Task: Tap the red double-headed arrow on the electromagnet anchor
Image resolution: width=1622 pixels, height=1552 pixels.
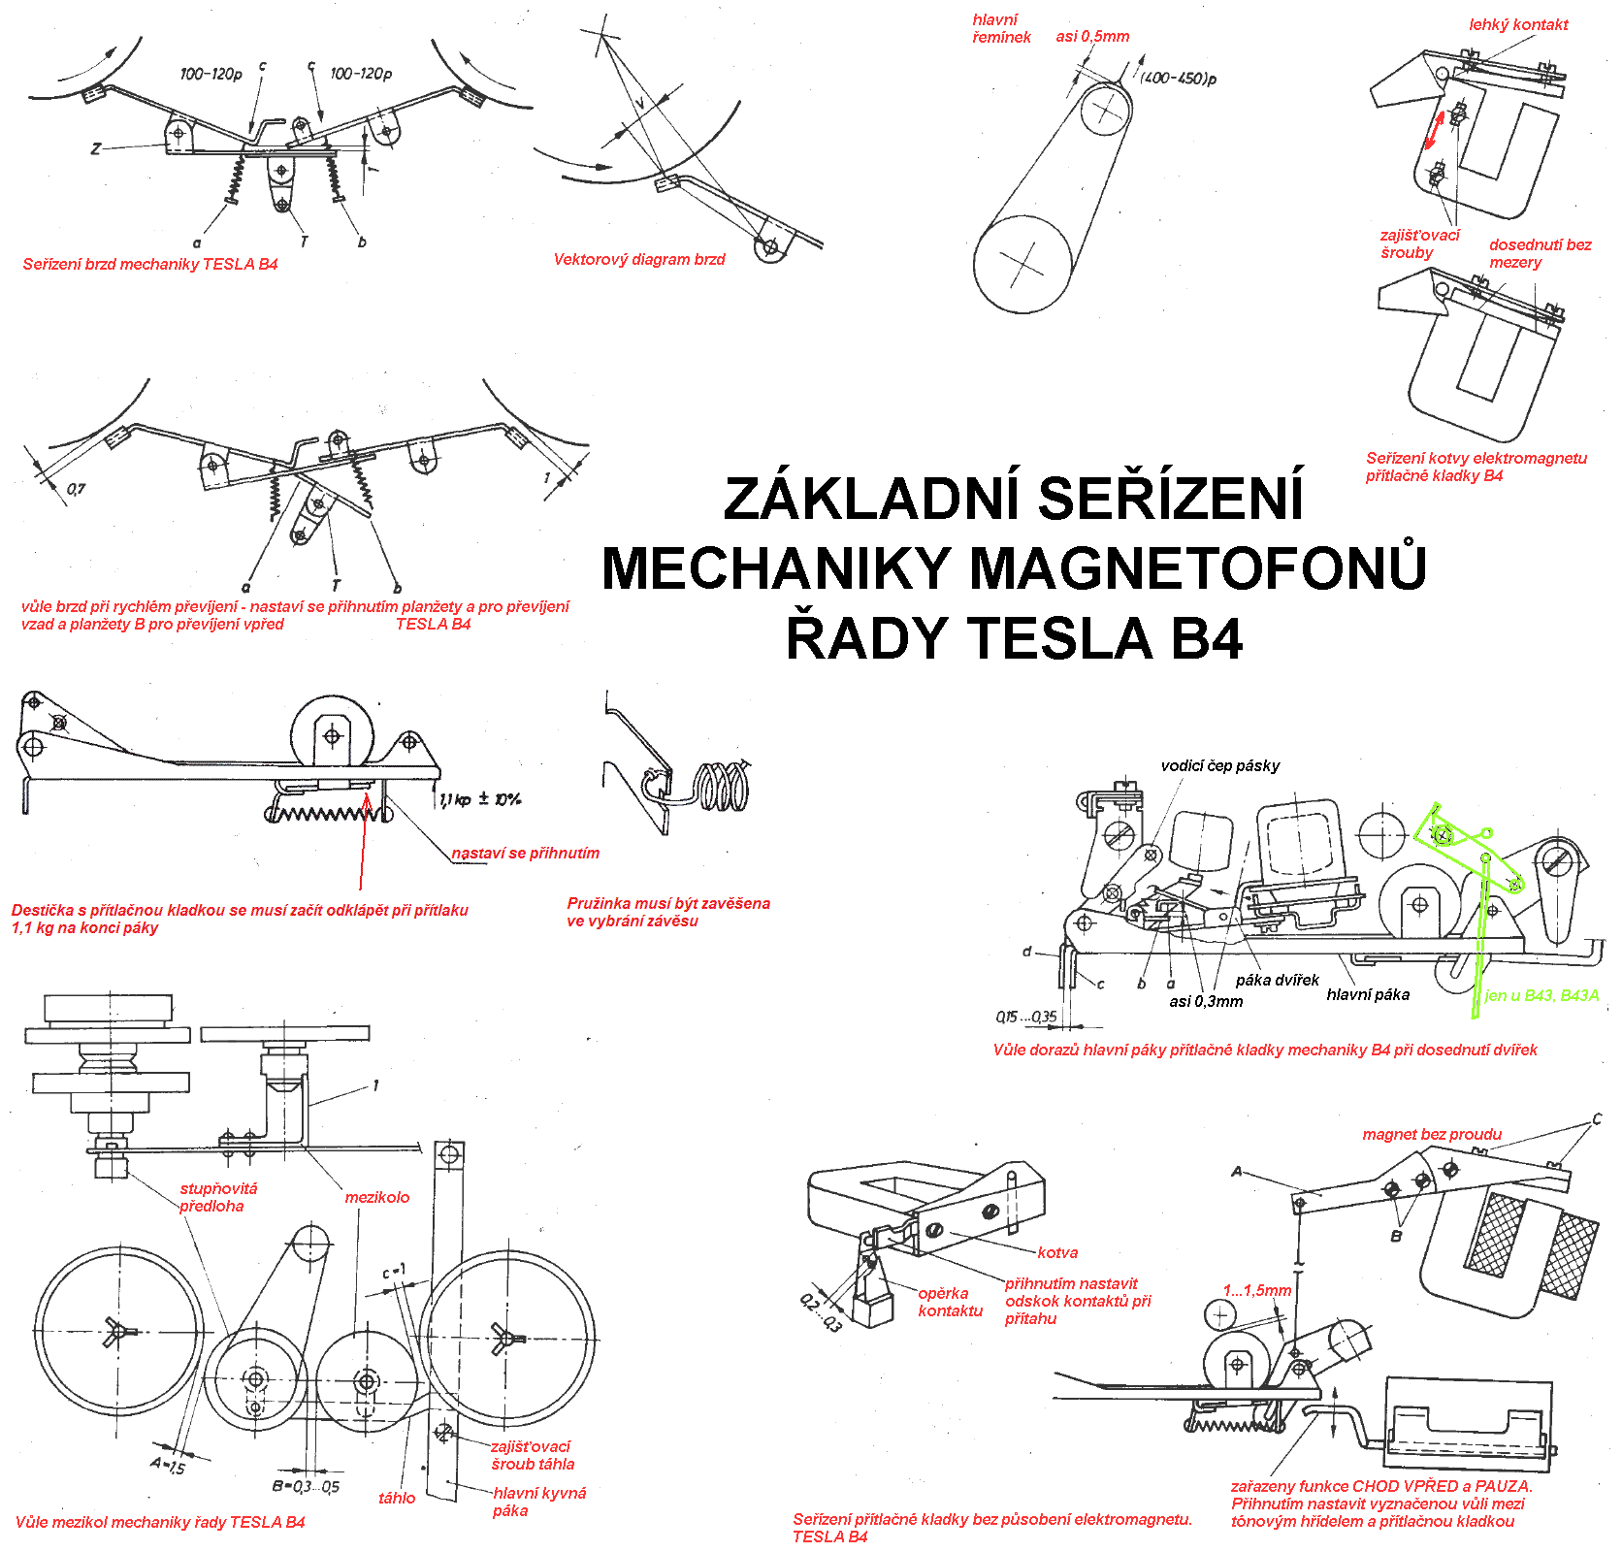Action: click(1435, 130)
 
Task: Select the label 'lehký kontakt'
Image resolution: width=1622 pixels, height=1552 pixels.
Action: click(1518, 25)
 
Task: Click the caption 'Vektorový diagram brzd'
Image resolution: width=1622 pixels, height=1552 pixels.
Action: click(639, 260)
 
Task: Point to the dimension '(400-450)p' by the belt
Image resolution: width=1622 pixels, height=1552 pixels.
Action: click(1178, 78)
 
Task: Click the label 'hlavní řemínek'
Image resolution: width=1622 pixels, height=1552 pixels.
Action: click(1000, 28)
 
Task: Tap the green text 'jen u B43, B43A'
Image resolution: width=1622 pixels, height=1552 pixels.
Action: click(1541, 995)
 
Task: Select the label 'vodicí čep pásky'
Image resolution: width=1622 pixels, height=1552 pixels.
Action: click(1219, 766)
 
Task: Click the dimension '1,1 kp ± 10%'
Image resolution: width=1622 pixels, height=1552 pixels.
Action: click(479, 799)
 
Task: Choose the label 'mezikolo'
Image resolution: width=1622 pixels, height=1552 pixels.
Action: click(376, 1198)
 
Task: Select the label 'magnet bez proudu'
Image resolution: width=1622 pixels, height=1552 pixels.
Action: click(1431, 1135)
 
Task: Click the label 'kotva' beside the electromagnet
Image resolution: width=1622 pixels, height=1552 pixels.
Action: click(1057, 1253)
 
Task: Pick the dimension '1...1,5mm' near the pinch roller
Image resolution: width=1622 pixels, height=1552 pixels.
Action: click(1256, 1291)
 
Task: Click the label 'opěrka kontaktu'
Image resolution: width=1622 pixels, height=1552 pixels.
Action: click(949, 1302)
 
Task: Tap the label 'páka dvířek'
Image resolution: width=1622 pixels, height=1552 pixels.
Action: click(1277, 980)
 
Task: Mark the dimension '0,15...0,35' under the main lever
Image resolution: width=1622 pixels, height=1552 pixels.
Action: click(1025, 1017)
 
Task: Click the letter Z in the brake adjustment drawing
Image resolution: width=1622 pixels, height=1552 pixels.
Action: click(95, 148)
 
